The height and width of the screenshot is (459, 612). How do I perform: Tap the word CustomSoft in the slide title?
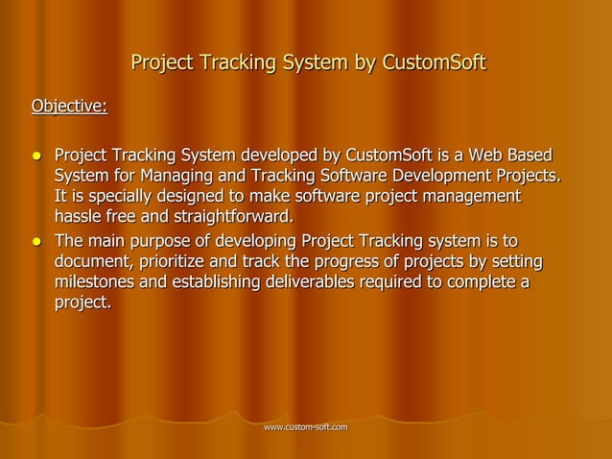click(x=435, y=64)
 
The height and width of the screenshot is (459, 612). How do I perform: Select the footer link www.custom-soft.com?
click(x=307, y=425)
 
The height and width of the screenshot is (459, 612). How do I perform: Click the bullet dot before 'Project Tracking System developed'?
click(x=36, y=156)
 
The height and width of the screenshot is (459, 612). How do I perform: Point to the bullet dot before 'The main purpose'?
click(x=36, y=240)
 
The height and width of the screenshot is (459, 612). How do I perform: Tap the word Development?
click(x=441, y=176)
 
